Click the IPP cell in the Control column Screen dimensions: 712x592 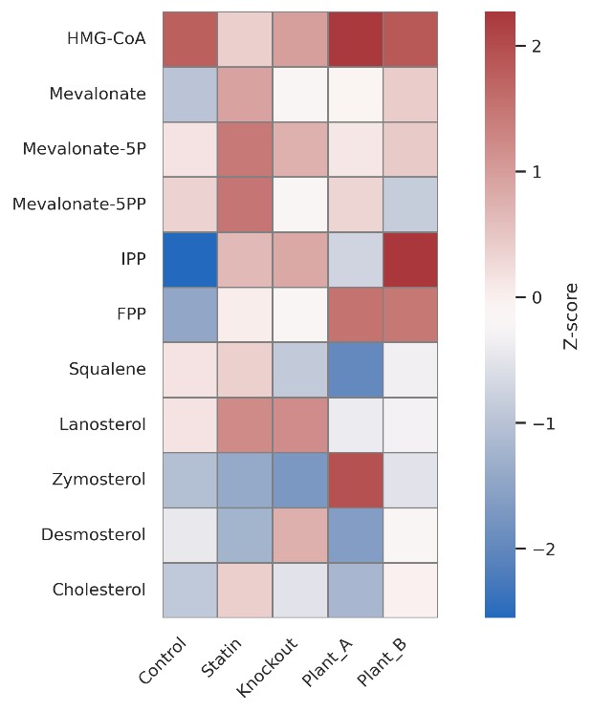coord(190,259)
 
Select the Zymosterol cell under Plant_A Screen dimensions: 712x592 coord(355,480)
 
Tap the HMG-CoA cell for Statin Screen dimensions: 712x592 coord(245,39)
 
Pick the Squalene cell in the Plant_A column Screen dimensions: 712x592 coord(355,369)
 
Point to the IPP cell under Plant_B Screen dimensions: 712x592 coord(410,259)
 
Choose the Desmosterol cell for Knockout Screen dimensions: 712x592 coord(300,534)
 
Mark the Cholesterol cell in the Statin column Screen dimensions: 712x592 coord(245,590)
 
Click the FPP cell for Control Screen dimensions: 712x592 coord(190,314)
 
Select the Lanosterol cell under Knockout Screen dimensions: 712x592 coord(300,424)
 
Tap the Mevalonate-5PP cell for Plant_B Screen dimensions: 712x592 coord(410,205)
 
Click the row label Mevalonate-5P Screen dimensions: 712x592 coord(84,149)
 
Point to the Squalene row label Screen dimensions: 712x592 coord(107,369)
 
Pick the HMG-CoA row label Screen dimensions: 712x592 coord(106,39)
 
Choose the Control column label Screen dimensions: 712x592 coord(164,660)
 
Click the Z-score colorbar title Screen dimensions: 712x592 coord(571,315)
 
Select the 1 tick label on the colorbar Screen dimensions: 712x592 coord(536,172)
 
